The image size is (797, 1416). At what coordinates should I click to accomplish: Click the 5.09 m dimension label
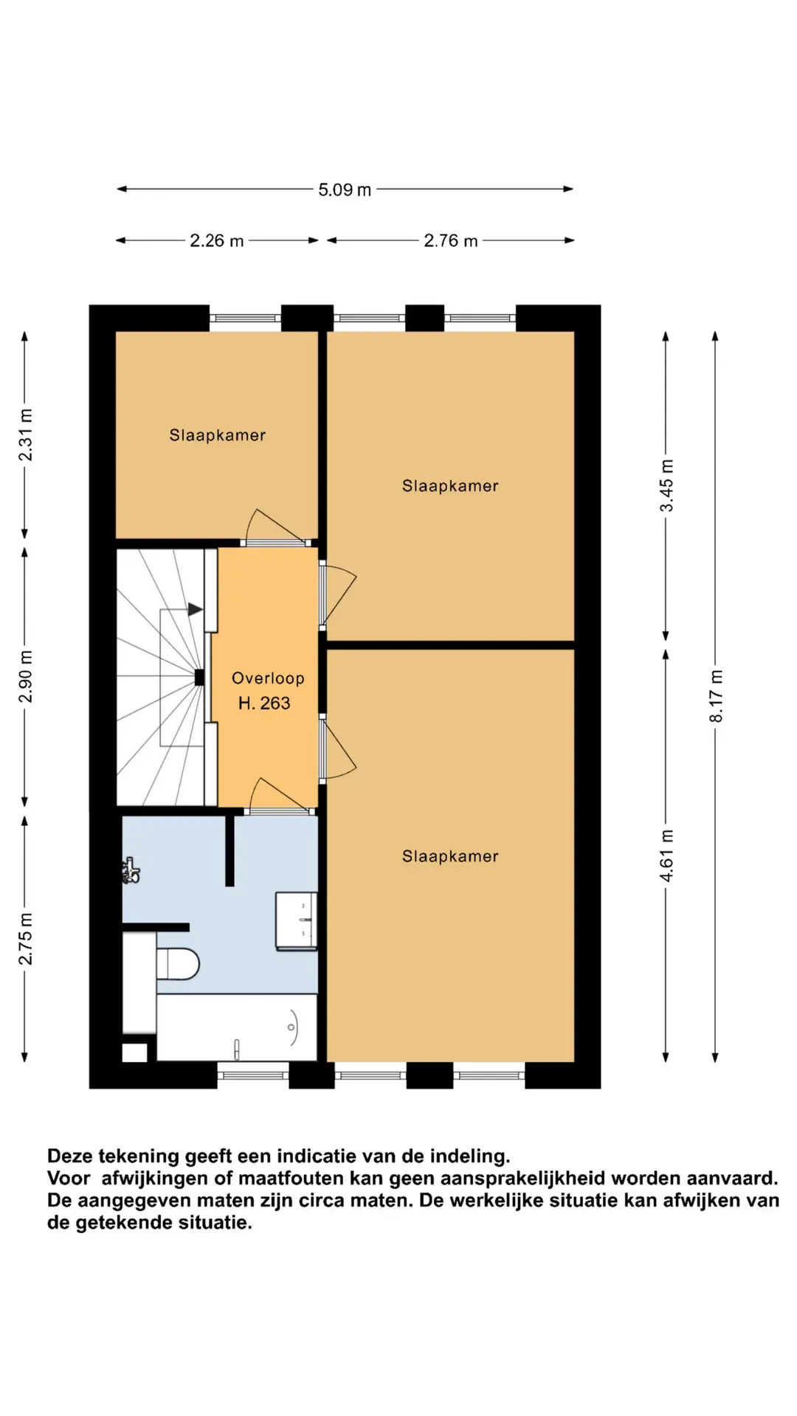(x=345, y=190)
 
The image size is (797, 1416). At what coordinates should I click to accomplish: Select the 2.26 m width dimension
(x=217, y=240)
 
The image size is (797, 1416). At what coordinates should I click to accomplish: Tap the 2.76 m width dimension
(x=451, y=240)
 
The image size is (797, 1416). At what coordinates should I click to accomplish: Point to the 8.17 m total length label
(x=716, y=696)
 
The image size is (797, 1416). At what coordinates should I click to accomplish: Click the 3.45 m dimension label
(x=666, y=485)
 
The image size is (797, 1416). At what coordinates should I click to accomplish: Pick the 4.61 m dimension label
(x=666, y=855)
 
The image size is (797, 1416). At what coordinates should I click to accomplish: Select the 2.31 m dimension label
(x=25, y=435)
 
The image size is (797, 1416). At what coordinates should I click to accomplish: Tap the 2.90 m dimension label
(x=25, y=676)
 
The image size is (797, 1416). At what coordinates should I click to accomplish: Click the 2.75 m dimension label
(x=25, y=938)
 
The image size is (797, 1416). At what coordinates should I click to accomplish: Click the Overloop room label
(x=268, y=678)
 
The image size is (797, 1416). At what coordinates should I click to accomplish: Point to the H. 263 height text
(x=264, y=704)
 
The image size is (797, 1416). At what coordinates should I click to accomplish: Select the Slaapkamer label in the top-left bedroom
(x=218, y=435)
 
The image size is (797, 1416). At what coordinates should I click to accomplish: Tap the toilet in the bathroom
(x=178, y=963)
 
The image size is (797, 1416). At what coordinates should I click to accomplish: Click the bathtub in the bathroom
(x=237, y=1027)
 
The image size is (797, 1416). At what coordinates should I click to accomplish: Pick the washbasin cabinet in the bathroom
(x=296, y=920)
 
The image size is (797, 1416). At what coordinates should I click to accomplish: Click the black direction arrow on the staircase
(x=196, y=610)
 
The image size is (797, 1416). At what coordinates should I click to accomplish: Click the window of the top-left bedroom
(x=246, y=319)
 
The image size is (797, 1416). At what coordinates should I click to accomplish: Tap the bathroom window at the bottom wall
(x=253, y=1075)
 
